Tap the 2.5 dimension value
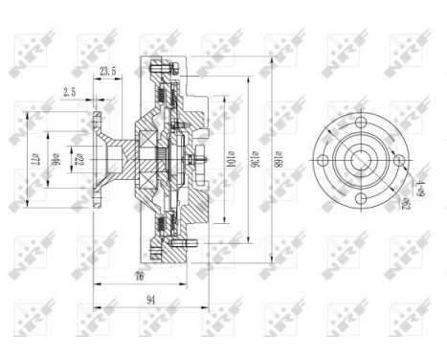pos(70,93)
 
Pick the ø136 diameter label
pos(254,157)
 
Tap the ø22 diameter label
pos(80,157)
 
